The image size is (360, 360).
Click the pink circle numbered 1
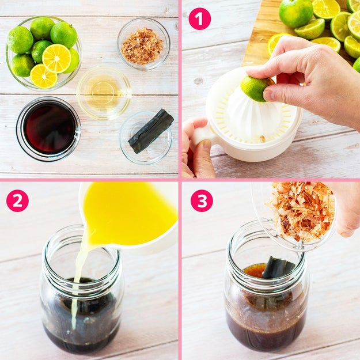[199, 18]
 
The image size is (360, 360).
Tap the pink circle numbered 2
[17, 200]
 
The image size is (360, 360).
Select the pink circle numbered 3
[202, 200]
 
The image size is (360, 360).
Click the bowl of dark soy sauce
[48, 129]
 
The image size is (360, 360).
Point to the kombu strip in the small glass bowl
[151, 131]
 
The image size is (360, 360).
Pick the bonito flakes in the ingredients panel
[142, 46]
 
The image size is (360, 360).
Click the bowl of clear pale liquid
[104, 93]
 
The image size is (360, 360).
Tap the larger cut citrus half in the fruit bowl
[56, 59]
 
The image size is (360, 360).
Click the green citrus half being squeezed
[256, 89]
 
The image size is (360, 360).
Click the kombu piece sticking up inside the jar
[278, 267]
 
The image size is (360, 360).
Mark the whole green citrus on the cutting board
[295, 13]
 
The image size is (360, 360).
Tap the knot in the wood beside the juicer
[199, 81]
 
